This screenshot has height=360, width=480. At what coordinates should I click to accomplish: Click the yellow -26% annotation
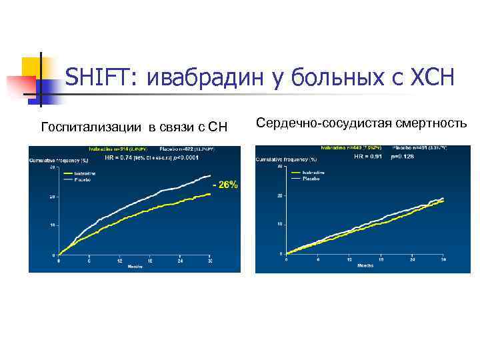pyautogui.click(x=225, y=185)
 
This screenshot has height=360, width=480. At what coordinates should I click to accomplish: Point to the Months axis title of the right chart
pyautogui.click(x=365, y=265)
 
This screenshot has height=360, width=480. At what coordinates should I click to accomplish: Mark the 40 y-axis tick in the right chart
pyautogui.click(x=281, y=167)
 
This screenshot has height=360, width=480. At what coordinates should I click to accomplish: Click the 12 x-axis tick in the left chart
pyautogui.click(x=119, y=260)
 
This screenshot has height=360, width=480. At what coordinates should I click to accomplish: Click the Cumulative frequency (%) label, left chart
pyautogui.click(x=58, y=161)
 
